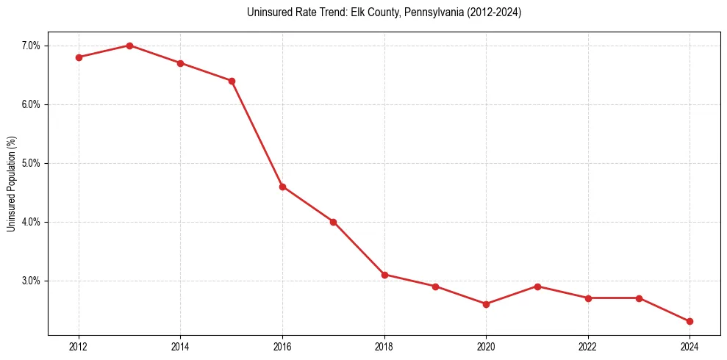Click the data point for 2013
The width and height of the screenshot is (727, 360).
(x=129, y=46)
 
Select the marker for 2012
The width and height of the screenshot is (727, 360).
(x=79, y=57)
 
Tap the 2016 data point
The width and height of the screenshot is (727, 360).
(x=282, y=187)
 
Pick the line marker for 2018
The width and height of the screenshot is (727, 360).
(x=384, y=275)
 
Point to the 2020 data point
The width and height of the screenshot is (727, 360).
(x=486, y=304)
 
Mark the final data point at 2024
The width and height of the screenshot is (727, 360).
(x=690, y=321)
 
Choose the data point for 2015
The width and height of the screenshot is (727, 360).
(x=232, y=81)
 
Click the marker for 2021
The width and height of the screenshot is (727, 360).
(x=537, y=287)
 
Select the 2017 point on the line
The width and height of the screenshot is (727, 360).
(x=333, y=222)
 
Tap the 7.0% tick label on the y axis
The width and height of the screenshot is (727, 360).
(x=32, y=46)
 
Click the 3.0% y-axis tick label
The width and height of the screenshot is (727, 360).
(x=32, y=281)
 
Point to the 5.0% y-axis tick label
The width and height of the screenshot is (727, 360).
(x=32, y=163)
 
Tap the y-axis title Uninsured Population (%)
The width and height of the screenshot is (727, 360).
(x=11, y=184)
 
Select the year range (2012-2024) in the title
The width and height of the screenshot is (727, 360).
(x=492, y=12)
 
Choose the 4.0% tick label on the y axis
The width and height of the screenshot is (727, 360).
(x=32, y=222)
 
